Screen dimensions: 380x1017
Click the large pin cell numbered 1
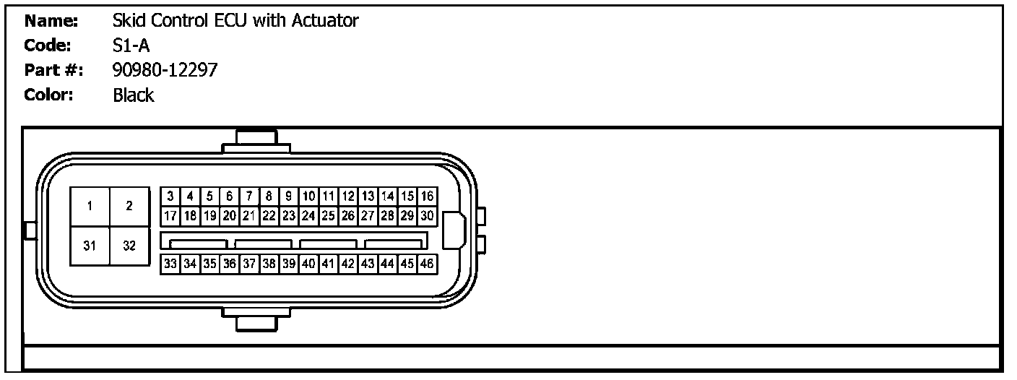(90, 207)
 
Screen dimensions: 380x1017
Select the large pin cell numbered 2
(129, 207)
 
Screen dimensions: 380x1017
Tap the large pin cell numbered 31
(90, 246)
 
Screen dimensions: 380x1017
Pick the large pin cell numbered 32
(129, 246)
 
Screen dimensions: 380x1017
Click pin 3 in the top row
(170, 196)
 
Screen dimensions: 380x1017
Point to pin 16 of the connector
(428, 196)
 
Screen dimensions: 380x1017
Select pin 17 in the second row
(170, 215)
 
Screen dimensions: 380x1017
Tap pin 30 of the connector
(428, 215)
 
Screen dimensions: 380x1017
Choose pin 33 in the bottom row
(170, 264)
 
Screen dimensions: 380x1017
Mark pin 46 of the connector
(428, 264)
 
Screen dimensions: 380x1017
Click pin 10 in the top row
(308, 196)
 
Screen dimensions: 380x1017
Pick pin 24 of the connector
(308, 215)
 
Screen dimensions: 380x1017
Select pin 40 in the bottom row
(308, 264)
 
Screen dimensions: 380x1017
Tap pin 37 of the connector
(249, 264)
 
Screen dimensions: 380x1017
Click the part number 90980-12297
(165, 71)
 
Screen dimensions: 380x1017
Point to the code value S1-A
(131, 46)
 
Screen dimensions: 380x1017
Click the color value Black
(134, 95)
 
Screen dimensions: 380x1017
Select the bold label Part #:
(53, 71)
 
